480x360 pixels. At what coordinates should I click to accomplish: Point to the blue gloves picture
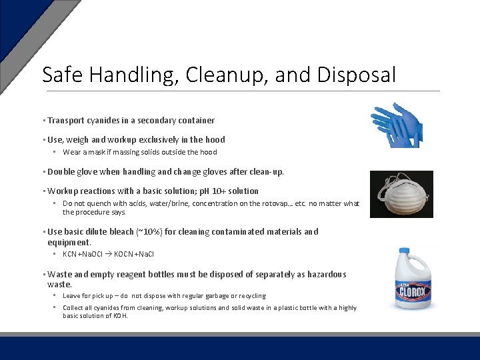399,124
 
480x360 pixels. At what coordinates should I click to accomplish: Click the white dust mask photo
401,194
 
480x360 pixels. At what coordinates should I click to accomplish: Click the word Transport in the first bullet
66,121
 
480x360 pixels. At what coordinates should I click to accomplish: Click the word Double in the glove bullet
61,172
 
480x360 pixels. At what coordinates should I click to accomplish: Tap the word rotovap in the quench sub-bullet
267,203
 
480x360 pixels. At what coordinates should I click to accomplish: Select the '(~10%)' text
149,232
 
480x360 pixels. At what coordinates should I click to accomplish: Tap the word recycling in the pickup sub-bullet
250,295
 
